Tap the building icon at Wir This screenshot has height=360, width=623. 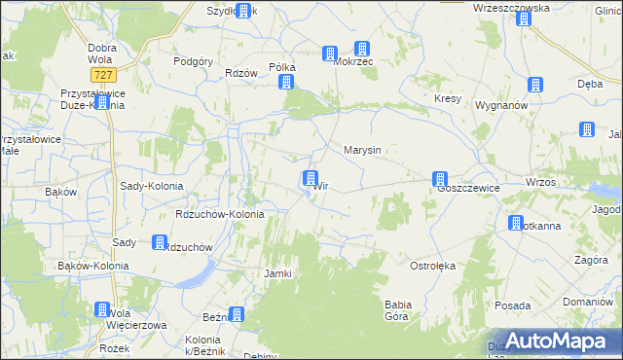(310, 178)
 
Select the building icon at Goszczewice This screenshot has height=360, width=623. (440, 179)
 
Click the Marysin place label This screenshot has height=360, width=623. (361, 151)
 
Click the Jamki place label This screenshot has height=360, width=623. (278, 273)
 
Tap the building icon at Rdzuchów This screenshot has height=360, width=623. (158, 242)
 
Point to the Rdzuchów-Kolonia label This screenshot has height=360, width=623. (218, 214)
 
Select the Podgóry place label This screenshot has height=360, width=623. (193, 61)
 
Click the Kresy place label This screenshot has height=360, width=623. (447, 100)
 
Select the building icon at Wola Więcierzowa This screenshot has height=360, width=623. (101, 309)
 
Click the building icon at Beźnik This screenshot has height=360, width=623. (236, 314)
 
